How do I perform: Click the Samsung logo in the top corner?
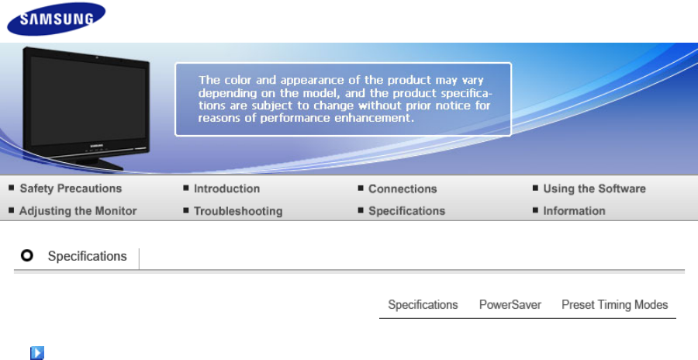pyautogui.click(x=57, y=19)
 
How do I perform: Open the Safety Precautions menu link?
pyautogui.click(x=71, y=189)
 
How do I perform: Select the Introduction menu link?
pyautogui.click(x=226, y=189)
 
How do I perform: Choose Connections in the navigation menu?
pyautogui.click(x=403, y=189)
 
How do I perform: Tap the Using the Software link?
pyautogui.click(x=594, y=189)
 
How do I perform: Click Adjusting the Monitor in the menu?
pyautogui.click(x=78, y=211)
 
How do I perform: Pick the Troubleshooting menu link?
pyautogui.click(x=238, y=211)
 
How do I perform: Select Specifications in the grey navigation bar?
pyautogui.click(x=406, y=211)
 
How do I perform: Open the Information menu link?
pyautogui.click(x=574, y=211)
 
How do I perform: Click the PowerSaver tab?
pyautogui.click(x=510, y=305)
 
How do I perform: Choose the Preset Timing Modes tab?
pyautogui.click(x=615, y=305)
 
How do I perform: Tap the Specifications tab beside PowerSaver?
pyautogui.click(x=423, y=305)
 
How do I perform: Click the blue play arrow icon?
pyautogui.click(x=37, y=353)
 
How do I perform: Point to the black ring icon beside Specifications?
pyautogui.click(x=26, y=255)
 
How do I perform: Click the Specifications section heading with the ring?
pyautogui.click(x=87, y=256)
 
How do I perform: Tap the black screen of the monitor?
pyautogui.click(x=88, y=101)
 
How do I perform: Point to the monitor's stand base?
pyautogui.click(x=100, y=164)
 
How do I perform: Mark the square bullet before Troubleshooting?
pyautogui.click(x=185, y=209)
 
